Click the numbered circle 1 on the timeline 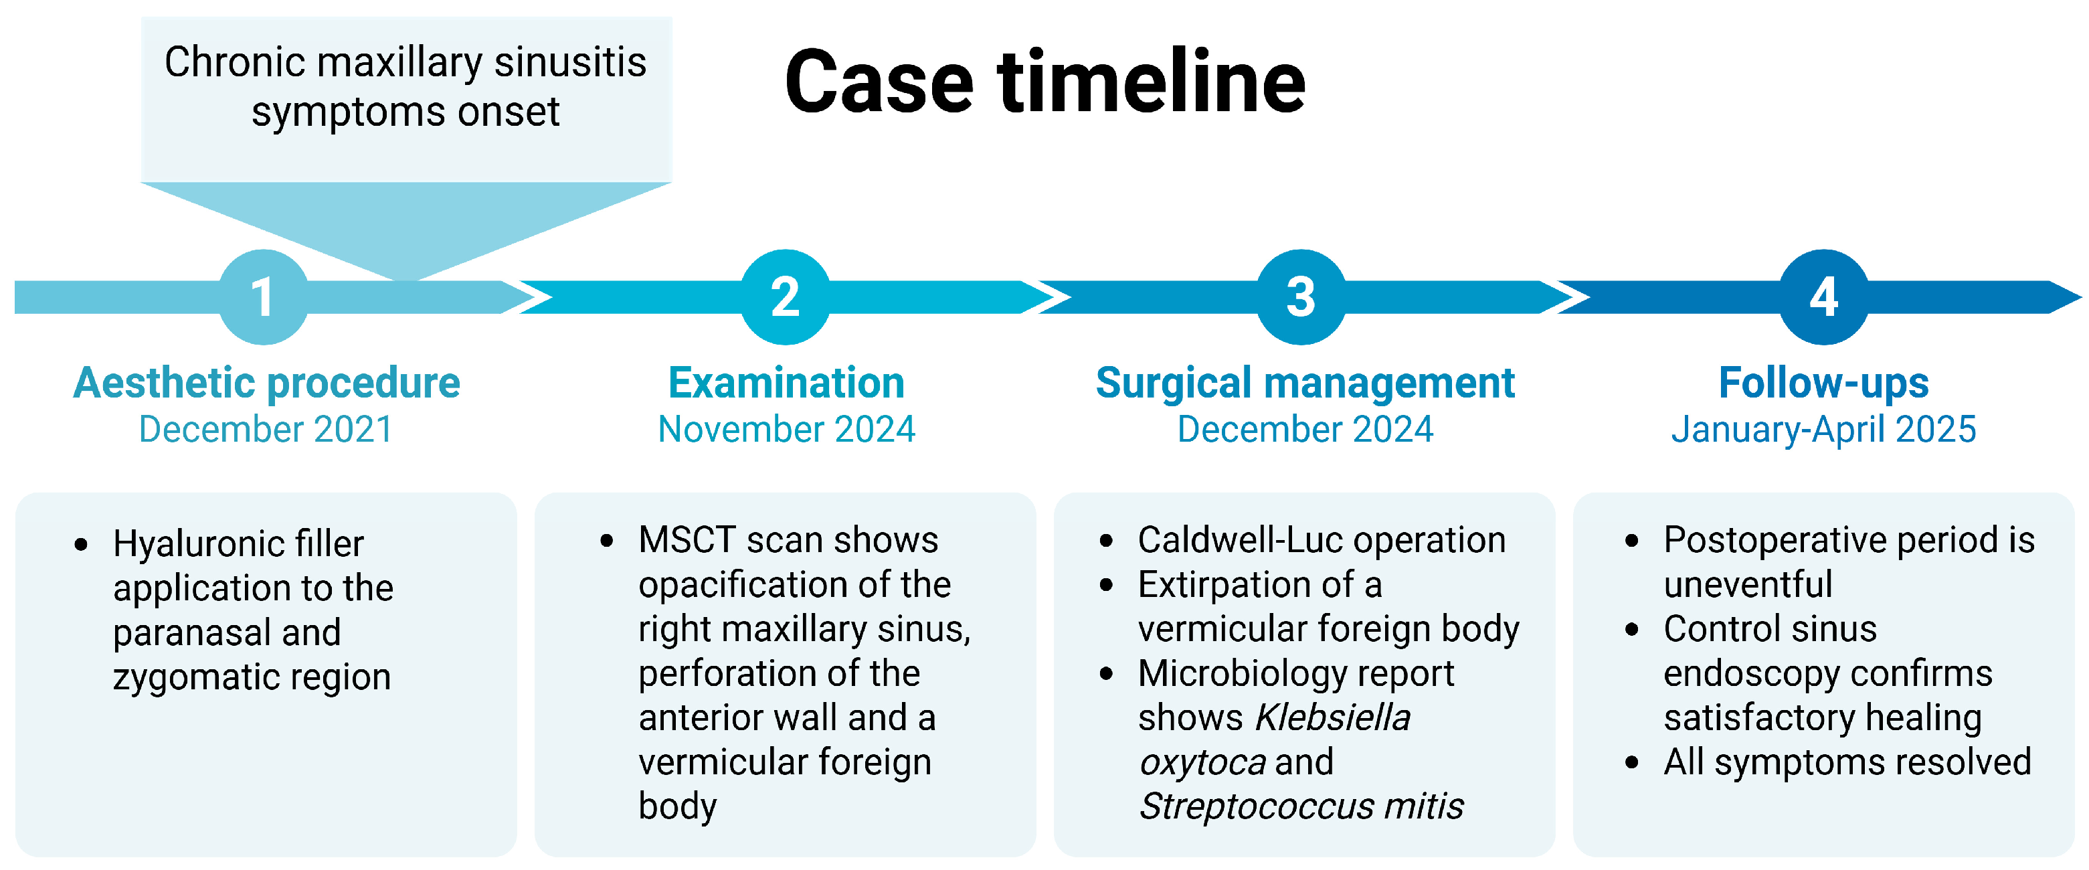(x=263, y=296)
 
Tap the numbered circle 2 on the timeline (x=785, y=296)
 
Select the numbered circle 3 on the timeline (x=1301, y=296)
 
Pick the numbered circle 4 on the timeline (x=1824, y=296)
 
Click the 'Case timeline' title (x=1045, y=82)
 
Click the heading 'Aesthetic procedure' (x=266, y=383)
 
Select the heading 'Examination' (x=786, y=383)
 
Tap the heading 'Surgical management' (x=1305, y=383)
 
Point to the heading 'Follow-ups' (x=1824, y=383)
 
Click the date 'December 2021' (x=266, y=429)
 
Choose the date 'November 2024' (x=786, y=429)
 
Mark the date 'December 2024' (x=1305, y=429)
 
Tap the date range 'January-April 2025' (x=1824, y=429)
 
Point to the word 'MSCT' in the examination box (x=685, y=540)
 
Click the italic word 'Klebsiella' (x=1332, y=717)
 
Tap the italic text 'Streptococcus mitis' (x=1301, y=806)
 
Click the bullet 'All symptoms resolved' (x=1847, y=762)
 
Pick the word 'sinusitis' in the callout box (x=570, y=62)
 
